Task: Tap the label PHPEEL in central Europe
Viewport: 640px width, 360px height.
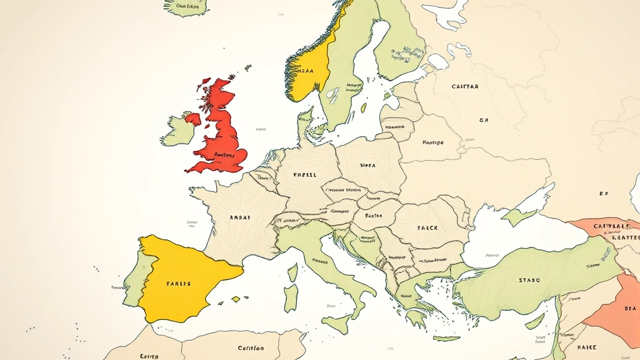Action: (x=305, y=174)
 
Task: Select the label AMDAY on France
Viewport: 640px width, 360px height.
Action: (x=240, y=217)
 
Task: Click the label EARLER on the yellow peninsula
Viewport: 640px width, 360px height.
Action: (x=178, y=283)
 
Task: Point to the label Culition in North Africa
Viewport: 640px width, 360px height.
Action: (x=251, y=348)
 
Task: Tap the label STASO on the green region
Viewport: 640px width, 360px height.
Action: (x=529, y=281)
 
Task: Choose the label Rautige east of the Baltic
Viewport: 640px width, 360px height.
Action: (x=432, y=142)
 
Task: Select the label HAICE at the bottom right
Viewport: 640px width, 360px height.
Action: (x=587, y=346)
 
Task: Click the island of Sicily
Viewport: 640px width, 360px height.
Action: (x=337, y=324)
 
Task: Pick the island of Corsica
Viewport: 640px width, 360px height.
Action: (x=292, y=272)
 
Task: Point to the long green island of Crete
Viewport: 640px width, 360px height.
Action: (x=446, y=338)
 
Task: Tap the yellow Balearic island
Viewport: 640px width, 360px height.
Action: (x=236, y=299)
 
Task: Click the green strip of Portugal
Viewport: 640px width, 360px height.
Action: (x=132, y=281)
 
